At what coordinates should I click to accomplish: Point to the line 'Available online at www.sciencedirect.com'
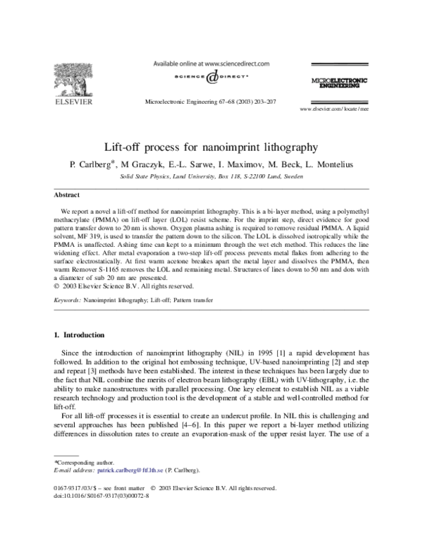coord(211,63)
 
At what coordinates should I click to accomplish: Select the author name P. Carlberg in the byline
coord(92,166)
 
